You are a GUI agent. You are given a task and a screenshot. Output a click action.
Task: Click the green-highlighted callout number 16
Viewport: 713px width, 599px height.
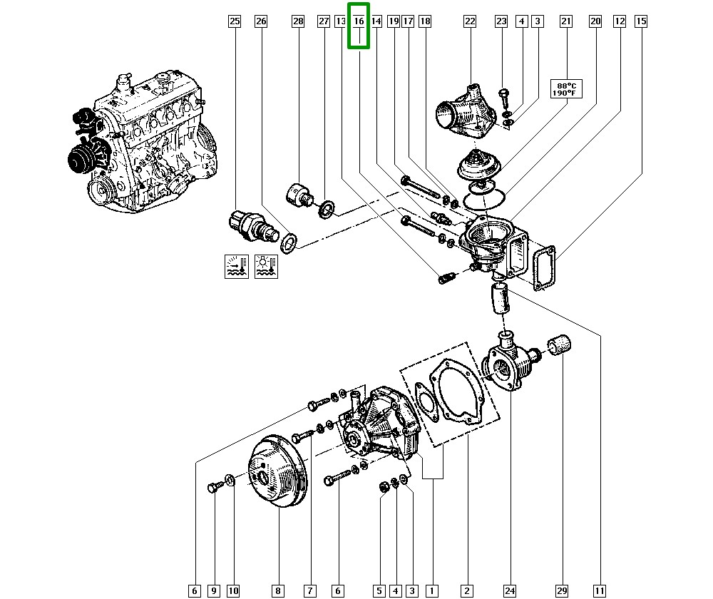click(359, 22)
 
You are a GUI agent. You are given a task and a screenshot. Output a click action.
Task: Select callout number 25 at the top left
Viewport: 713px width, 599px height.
click(235, 22)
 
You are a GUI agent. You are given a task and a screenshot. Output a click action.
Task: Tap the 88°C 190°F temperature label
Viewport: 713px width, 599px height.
click(565, 88)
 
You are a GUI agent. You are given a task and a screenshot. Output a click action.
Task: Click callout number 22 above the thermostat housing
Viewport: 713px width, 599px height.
click(469, 22)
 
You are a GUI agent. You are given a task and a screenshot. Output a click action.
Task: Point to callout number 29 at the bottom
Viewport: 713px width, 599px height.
click(563, 590)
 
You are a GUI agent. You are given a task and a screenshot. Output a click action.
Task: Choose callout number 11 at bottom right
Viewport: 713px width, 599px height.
click(600, 590)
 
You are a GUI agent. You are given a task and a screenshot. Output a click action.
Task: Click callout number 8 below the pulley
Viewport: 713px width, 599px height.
click(277, 590)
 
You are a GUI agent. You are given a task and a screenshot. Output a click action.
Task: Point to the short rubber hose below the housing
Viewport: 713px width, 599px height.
click(500, 297)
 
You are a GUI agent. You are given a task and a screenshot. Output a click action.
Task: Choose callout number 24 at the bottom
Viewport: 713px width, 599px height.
click(510, 590)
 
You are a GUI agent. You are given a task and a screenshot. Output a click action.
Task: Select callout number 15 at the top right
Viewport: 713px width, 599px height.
click(641, 22)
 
